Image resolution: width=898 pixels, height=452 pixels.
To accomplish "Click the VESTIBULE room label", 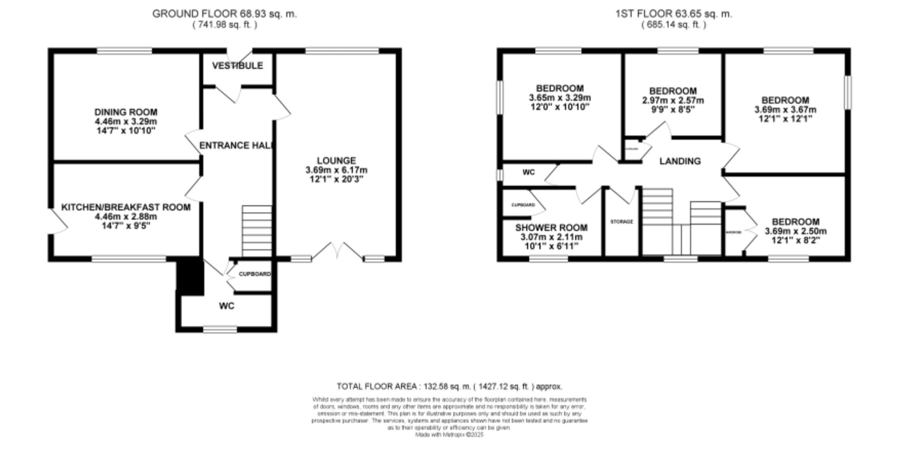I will click(238, 66).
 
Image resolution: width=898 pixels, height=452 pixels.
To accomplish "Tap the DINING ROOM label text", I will click(126, 112).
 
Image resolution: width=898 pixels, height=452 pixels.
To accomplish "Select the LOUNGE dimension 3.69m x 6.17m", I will click(336, 170).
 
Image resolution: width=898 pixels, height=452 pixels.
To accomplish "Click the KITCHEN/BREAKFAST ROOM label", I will click(126, 207).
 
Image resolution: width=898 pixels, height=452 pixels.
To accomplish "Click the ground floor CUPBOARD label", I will click(255, 274).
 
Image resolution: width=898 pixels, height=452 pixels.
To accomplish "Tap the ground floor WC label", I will click(227, 306).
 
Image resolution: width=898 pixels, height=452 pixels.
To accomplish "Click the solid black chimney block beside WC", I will click(190, 276).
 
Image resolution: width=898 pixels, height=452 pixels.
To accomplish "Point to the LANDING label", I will click(680, 161).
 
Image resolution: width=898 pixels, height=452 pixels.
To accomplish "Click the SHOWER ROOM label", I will click(551, 227).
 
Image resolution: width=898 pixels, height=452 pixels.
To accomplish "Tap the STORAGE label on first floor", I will click(621, 222).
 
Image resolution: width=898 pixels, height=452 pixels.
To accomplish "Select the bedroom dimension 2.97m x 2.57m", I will click(673, 100).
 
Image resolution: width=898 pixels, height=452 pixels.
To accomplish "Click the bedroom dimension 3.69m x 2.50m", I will click(796, 231).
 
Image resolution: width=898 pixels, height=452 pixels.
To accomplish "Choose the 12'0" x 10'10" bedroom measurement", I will click(559, 107).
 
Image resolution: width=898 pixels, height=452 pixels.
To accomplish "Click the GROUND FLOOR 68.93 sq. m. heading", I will click(224, 13).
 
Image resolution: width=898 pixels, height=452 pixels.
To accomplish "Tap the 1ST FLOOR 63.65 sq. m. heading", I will click(673, 13).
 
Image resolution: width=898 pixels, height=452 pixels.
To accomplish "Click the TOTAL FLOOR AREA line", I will click(449, 386).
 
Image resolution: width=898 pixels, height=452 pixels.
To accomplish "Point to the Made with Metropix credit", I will click(449, 435).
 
